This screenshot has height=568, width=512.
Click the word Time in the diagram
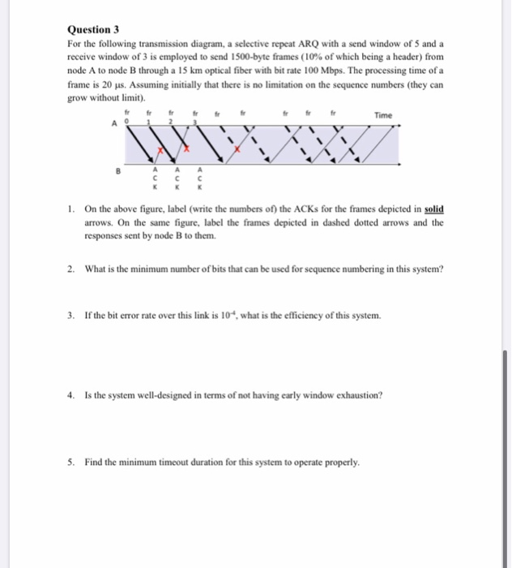[x=383, y=116]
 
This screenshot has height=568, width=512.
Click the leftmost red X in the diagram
[x=161, y=152]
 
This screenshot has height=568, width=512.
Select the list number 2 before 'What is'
[x=70, y=269]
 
